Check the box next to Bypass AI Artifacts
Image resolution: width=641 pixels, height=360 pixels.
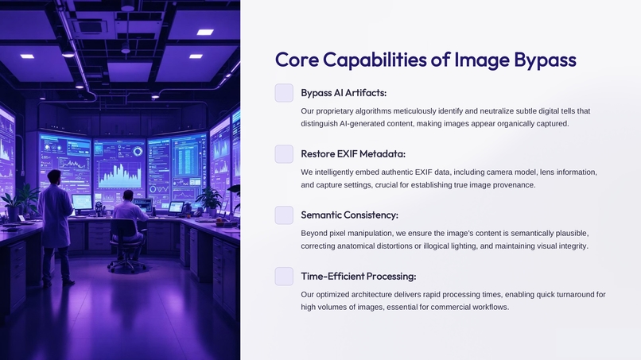click(x=284, y=93)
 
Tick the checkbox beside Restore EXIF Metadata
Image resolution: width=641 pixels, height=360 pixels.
click(x=284, y=154)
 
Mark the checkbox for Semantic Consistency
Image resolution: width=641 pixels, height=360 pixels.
click(x=284, y=215)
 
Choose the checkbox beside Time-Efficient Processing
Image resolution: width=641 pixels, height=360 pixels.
click(x=284, y=277)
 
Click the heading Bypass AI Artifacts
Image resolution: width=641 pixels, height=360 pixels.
click(x=344, y=93)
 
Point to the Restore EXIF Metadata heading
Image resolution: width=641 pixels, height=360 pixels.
click(x=353, y=154)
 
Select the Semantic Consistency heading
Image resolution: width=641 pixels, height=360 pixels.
click(x=349, y=215)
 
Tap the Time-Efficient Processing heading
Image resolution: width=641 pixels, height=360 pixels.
click(x=358, y=277)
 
